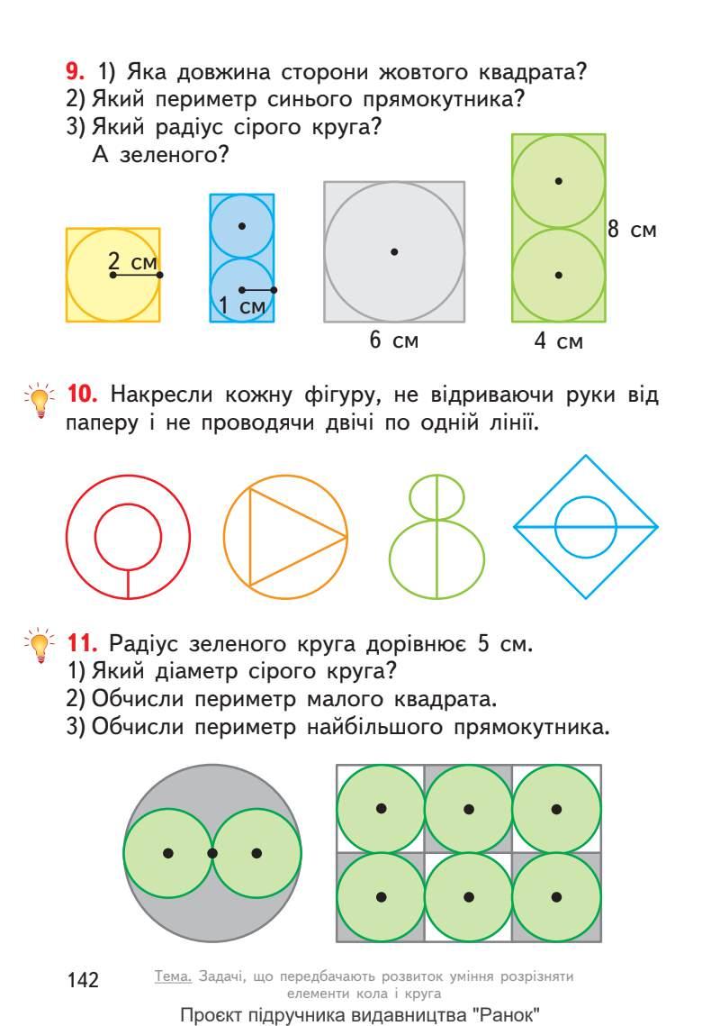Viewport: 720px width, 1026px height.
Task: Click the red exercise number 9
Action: [x=75, y=70]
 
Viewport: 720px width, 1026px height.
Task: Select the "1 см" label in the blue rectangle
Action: [x=240, y=306]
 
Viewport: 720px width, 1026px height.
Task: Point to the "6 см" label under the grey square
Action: [x=393, y=340]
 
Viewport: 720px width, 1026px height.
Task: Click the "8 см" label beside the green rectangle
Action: [x=631, y=230]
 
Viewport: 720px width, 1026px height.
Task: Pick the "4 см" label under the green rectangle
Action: [x=558, y=341]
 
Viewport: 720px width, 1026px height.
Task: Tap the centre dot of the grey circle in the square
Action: [x=394, y=251]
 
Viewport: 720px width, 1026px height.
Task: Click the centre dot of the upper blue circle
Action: [x=242, y=226]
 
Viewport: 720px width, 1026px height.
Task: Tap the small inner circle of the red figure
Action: [x=127, y=538]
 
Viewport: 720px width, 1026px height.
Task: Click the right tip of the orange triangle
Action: [x=346, y=538]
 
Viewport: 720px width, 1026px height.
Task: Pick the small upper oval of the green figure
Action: [x=436, y=495]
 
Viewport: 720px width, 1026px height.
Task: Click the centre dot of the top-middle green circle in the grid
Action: [x=469, y=809]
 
